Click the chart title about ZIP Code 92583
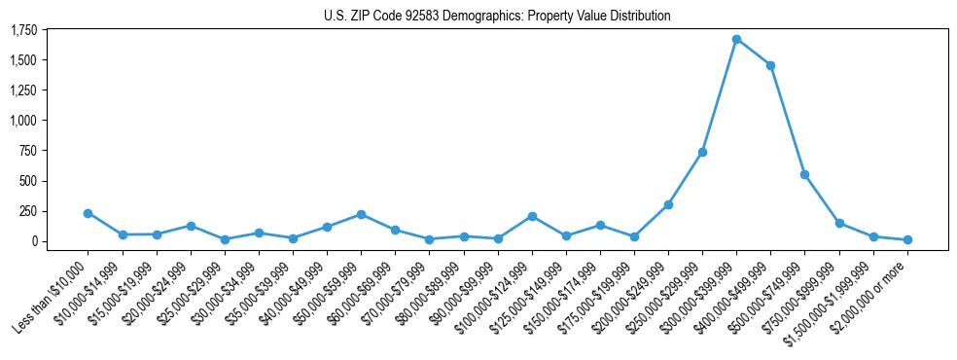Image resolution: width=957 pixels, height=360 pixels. [x=497, y=16]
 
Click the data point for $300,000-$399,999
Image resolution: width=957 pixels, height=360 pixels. [x=736, y=40]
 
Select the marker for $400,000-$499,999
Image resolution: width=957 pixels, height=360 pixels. [x=770, y=65]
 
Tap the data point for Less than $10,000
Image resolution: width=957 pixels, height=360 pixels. [x=88, y=213]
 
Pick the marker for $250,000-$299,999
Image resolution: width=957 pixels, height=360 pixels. [x=702, y=152]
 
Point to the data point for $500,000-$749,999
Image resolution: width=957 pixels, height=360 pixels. [x=804, y=174]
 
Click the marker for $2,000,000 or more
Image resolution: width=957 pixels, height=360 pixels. [x=907, y=239]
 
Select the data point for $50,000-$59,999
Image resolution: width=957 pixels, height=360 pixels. [x=361, y=214]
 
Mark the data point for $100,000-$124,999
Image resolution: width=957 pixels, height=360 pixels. [x=532, y=216]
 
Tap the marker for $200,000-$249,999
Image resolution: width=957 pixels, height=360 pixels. [x=668, y=204]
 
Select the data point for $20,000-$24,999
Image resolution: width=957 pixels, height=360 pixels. [x=191, y=226]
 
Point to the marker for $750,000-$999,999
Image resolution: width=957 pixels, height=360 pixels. [x=839, y=223]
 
